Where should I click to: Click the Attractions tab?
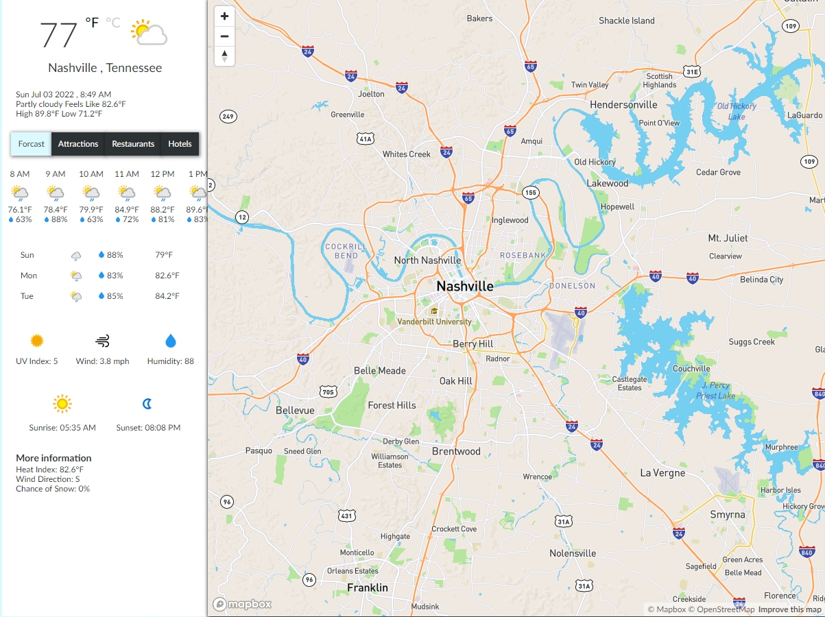pos(78,144)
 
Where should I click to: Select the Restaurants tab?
pos(133,144)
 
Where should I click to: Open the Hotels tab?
pos(180,144)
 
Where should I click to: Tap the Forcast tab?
pos(32,144)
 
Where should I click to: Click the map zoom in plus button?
pos(224,16)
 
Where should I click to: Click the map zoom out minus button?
pos(224,36)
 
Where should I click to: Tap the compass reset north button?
pos(224,56)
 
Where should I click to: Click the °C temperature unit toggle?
pos(112,23)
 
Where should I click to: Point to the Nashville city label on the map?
pos(465,286)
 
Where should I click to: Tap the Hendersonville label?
pos(623,105)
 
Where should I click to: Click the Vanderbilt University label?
pos(434,322)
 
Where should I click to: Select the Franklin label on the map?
pos(368,588)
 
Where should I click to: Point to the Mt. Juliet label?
pos(728,238)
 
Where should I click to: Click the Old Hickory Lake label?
pos(737,111)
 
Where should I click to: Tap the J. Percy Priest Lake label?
pos(715,391)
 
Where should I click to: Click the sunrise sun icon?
pos(62,404)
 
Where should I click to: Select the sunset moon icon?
pos(147,404)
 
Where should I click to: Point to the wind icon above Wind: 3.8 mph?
pos(102,341)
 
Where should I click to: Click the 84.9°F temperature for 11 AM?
pos(126,210)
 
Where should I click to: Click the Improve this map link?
pos(789,609)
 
